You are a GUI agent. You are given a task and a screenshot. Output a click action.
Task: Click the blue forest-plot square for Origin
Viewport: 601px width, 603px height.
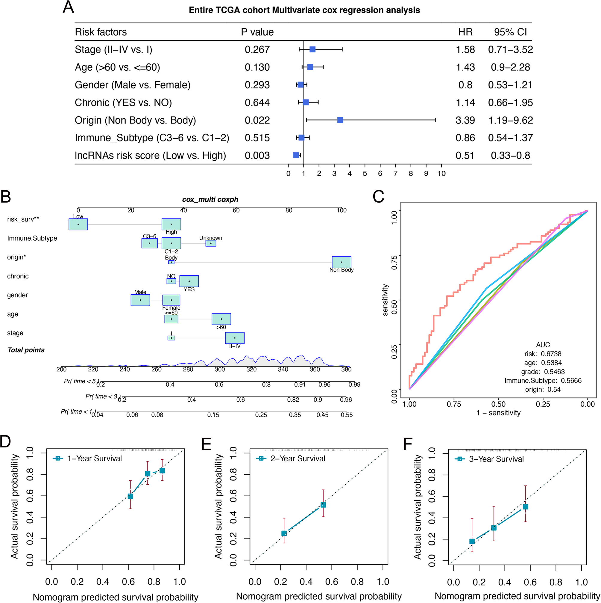[x=340, y=120]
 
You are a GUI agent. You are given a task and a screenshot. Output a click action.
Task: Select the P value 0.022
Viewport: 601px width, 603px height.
[x=257, y=120]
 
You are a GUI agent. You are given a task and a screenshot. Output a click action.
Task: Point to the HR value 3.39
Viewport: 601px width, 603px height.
[x=465, y=120]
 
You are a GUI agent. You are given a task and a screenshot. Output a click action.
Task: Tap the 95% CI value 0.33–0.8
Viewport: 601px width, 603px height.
[x=510, y=156]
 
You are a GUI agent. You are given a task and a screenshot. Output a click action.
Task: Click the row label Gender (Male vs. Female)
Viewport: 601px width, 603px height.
[x=133, y=85]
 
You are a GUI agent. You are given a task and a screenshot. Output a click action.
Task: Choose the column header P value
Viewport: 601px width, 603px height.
[x=257, y=32]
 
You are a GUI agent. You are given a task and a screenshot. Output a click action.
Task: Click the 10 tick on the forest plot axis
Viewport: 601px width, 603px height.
[x=441, y=174]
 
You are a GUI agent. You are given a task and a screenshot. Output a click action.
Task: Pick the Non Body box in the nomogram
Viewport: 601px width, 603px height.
[x=341, y=262]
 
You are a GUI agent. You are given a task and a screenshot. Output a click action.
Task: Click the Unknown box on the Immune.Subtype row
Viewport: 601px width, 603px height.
[x=211, y=243]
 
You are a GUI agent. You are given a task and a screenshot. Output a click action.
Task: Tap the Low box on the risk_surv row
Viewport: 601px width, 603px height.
[x=78, y=224]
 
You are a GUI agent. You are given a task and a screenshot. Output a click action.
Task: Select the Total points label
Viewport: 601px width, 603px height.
[x=26, y=350]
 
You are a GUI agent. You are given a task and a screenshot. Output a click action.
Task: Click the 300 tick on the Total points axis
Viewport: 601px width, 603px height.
[x=219, y=370]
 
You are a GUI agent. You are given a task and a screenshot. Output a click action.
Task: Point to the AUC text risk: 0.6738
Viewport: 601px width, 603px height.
[x=543, y=354]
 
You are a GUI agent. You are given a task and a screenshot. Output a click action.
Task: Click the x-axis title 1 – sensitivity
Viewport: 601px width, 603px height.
[x=498, y=413]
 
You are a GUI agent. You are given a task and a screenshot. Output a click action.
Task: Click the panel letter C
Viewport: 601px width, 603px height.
[x=378, y=197]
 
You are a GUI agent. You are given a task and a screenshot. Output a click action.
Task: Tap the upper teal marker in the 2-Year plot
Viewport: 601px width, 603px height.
[x=323, y=505]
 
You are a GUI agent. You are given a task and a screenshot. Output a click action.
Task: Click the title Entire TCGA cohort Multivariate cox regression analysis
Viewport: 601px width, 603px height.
[x=304, y=10]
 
